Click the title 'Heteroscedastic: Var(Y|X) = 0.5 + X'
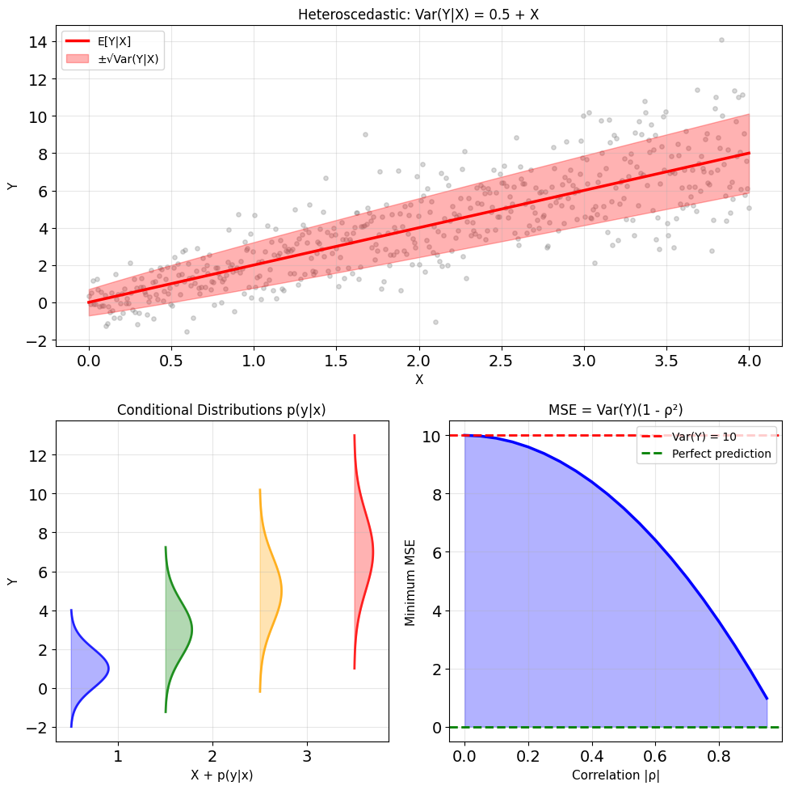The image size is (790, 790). click(418, 14)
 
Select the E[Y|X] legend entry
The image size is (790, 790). click(99, 41)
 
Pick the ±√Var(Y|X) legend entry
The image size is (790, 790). click(112, 59)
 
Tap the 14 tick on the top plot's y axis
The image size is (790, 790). click(38, 42)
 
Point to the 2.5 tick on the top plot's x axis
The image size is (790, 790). click(502, 361)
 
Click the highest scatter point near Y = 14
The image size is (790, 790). click(721, 40)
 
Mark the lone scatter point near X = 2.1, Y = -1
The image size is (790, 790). click(436, 322)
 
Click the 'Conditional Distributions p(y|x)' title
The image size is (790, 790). click(221, 410)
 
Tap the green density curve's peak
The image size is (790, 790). click(192, 630)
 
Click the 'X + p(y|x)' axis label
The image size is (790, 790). click(221, 775)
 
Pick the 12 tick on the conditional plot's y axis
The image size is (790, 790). click(38, 455)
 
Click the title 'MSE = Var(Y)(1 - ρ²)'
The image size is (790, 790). click(616, 410)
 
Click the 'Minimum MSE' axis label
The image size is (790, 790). click(410, 583)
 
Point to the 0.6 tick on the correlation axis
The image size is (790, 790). click(655, 756)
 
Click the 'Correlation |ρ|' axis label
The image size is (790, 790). click(616, 775)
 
